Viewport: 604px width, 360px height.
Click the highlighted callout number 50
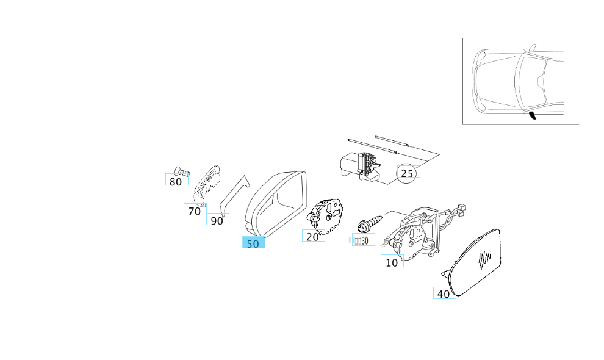[253, 243]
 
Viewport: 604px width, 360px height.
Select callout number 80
[176, 181]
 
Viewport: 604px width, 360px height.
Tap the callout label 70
[195, 211]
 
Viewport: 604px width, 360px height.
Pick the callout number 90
[217, 220]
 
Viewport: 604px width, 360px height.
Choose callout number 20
[313, 236]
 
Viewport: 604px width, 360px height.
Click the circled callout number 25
[407, 173]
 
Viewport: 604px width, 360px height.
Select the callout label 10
[392, 262]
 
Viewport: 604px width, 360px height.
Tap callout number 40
[444, 293]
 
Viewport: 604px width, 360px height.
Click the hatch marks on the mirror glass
[484, 259]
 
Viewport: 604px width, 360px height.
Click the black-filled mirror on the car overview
[533, 116]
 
